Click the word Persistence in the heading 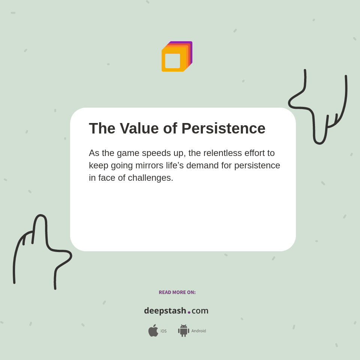[223, 129]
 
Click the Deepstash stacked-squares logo [177, 57]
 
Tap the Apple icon [153, 331]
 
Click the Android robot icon [183, 331]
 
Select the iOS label [163, 331]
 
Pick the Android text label [198, 331]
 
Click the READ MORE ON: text [177, 292]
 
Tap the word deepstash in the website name [165, 311]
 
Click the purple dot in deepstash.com [189, 312]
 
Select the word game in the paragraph [128, 153]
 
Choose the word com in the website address [200, 311]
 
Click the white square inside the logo [172, 61]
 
